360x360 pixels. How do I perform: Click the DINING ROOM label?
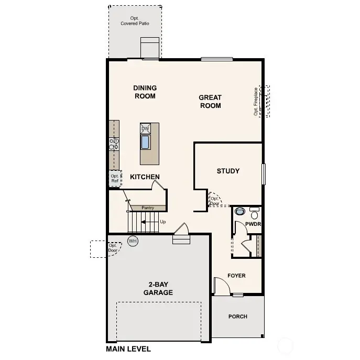coord(145,92)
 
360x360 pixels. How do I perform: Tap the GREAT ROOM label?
coord(210,101)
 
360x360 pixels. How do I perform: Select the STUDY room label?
coord(228,171)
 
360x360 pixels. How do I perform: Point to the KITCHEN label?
coord(145,177)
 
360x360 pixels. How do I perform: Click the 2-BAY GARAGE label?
coord(158,289)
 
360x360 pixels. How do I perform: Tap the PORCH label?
coord(238,317)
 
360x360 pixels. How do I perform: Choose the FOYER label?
coord(236,276)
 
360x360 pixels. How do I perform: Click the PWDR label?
coord(253,224)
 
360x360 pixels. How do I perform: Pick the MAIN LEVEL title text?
coord(128,349)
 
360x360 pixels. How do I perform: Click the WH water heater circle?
coord(133,241)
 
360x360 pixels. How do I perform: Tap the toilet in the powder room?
coord(240,212)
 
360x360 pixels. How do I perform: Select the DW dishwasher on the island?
coord(146,128)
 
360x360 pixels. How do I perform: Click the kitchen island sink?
coord(146,142)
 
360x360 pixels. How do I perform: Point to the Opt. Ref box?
coord(115,178)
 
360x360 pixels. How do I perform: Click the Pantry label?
coord(148,208)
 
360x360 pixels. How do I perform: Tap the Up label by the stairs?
coord(162,222)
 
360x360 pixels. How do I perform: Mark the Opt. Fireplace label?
coord(256,101)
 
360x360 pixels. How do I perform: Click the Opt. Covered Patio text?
coord(135,21)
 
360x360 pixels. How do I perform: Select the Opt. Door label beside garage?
coord(113,247)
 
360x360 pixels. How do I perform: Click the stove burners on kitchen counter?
coord(113,144)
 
